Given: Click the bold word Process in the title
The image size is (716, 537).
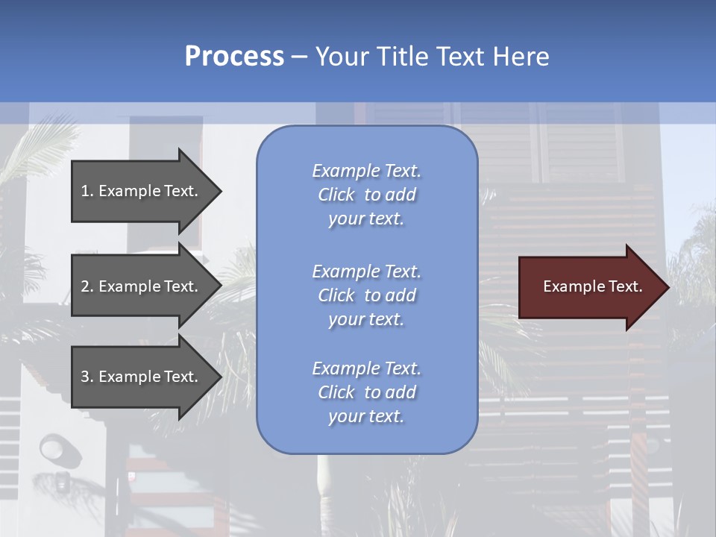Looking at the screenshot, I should [234, 57].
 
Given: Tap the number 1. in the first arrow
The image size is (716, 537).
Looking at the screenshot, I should [87, 191].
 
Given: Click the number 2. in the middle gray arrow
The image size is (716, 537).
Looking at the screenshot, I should [87, 286].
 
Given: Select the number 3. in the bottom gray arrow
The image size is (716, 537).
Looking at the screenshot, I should [87, 377].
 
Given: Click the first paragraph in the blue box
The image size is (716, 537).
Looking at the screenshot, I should [366, 195].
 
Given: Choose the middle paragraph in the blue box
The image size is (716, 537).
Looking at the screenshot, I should [366, 295].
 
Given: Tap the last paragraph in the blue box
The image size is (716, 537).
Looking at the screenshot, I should [366, 392].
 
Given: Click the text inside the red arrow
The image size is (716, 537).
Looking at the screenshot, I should [592, 286].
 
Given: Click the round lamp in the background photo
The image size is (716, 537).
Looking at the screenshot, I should [52, 449].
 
